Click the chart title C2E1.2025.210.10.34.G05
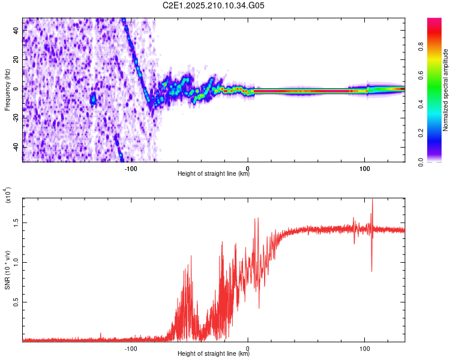click(x=213, y=5)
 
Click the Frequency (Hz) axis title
click(x=7, y=90)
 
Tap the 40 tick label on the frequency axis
click(x=16, y=31)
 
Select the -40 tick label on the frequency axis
click(x=16, y=146)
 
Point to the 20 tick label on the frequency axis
click(x=16, y=60)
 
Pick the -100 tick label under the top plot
click(x=131, y=169)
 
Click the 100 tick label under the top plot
click(x=364, y=169)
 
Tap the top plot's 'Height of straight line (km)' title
click(x=214, y=173)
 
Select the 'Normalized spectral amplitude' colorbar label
click(x=445, y=90)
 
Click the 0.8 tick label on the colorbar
click(x=421, y=47)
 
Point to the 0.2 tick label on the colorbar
click(x=421, y=133)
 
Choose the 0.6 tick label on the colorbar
click(x=421, y=76)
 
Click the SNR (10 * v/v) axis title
click(x=8, y=270)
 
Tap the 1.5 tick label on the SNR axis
click(x=16, y=223)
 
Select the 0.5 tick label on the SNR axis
click(x=16, y=302)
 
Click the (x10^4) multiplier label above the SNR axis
click(x=7, y=195)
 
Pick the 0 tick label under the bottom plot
click(x=248, y=349)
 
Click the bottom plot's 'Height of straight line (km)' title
click(x=214, y=353)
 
